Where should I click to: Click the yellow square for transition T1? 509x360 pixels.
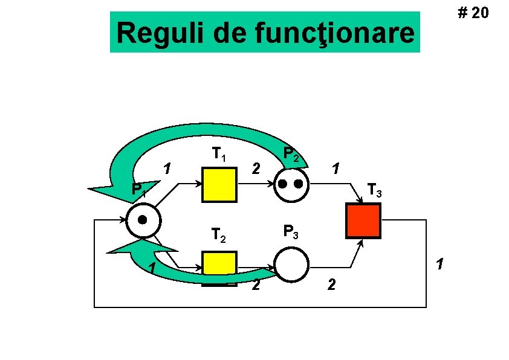pyautogui.click(x=219, y=185)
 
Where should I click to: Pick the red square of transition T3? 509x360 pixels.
pyautogui.click(x=363, y=220)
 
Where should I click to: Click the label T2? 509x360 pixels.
pyautogui.click(x=218, y=234)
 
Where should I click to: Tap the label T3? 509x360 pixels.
pyautogui.click(x=374, y=192)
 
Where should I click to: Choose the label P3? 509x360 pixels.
pyautogui.click(x=291, y=231)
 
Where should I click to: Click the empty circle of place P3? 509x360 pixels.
pyautogui.click(x=291, y=265)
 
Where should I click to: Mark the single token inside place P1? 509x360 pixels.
pyautogui.click(x=143, y=219)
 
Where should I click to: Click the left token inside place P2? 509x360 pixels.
pyautogui.click(x=283, y=182)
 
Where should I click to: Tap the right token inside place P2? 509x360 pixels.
pyautogui.click(x=299, y=182)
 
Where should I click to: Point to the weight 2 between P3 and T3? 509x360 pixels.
pyautogui.click(x=330, y=284)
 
